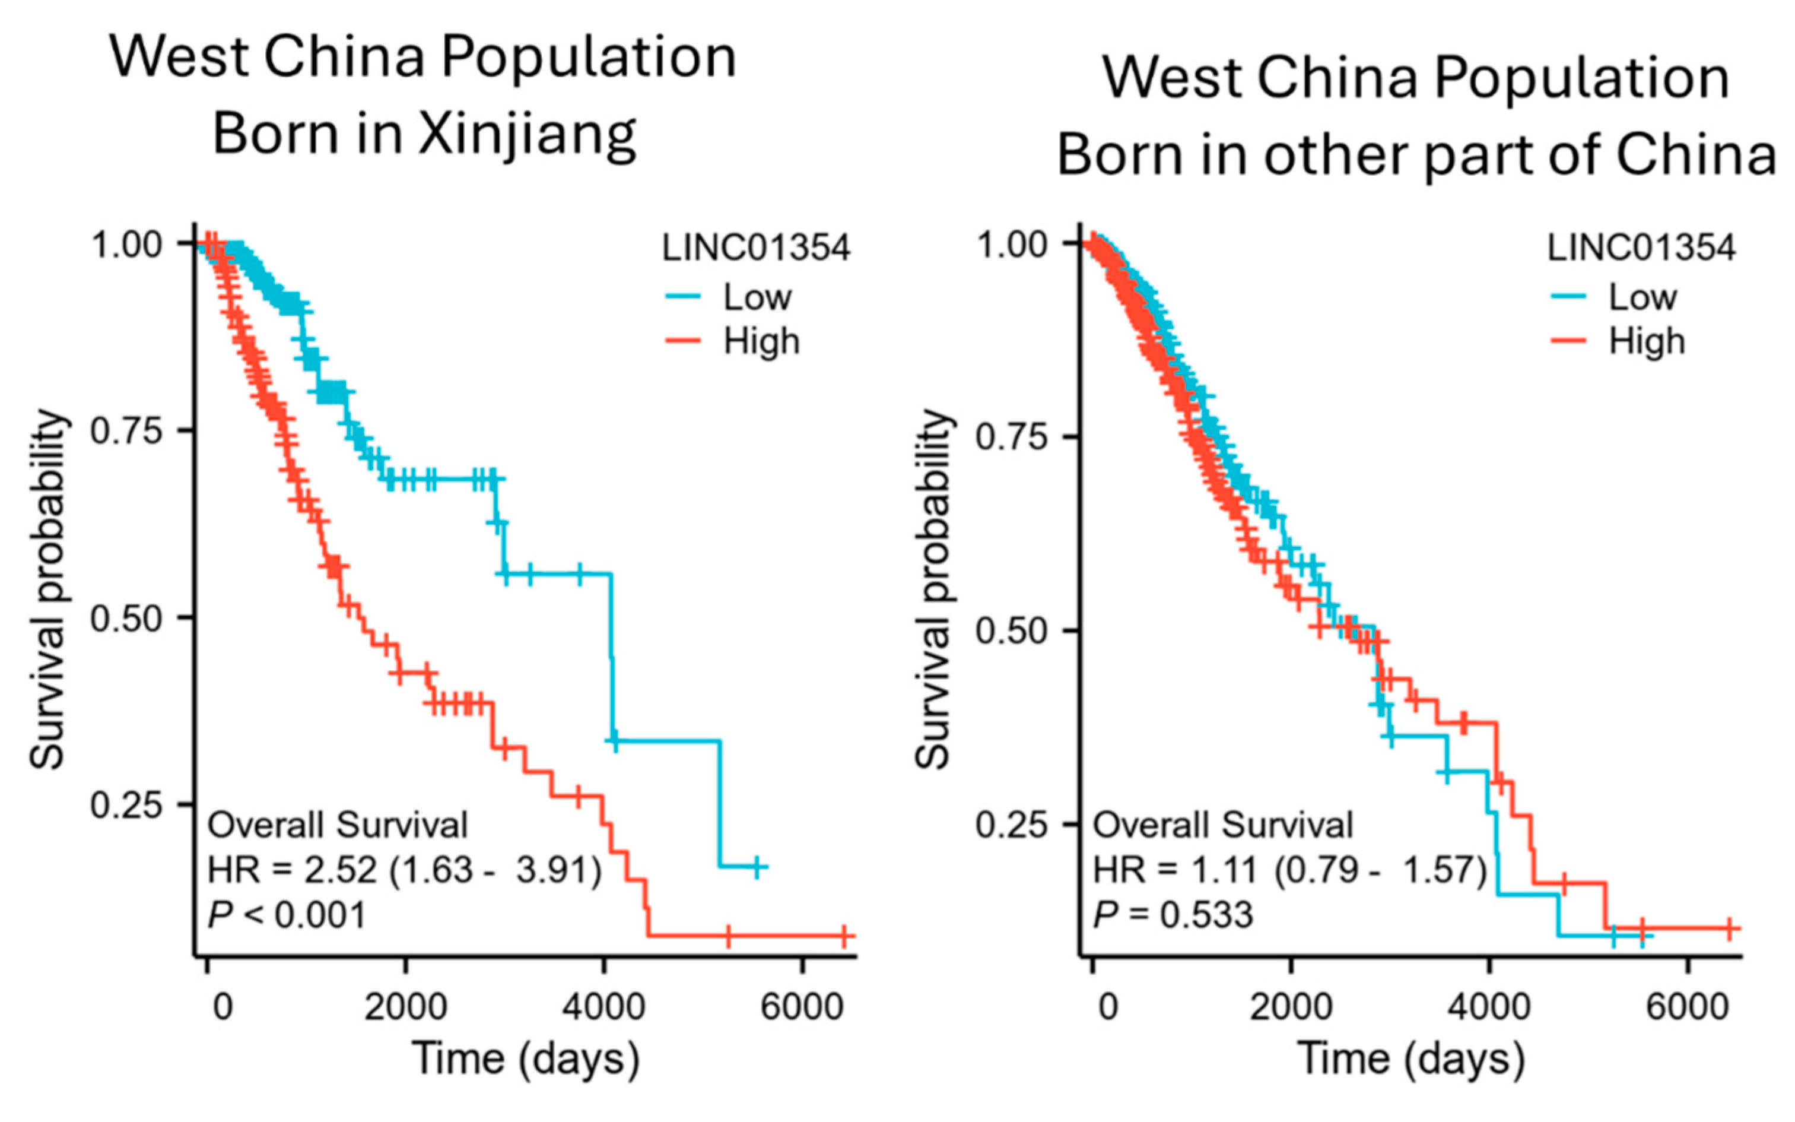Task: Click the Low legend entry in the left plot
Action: [757, 297]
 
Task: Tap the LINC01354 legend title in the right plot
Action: [1641, 248]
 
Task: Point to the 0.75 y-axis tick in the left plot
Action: [126, 430]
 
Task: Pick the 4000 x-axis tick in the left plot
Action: [603, 1007]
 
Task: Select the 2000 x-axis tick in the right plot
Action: [1291, 1007]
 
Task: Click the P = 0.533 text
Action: [1173, 914]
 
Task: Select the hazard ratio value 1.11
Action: [1224, 870]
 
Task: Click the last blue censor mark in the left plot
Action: [757, 866]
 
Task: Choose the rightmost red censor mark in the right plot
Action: [1730, 928]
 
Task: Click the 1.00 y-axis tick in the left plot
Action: [126, 244]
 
